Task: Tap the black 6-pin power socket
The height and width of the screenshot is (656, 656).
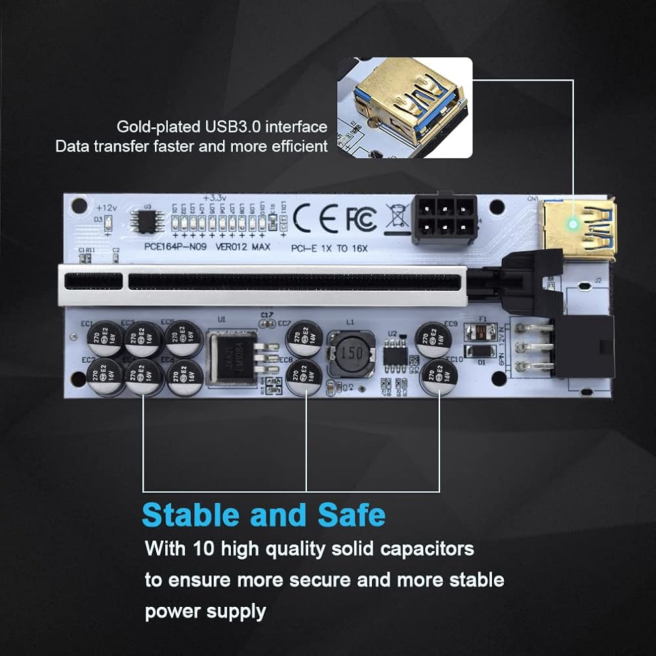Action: [x=444, y=219]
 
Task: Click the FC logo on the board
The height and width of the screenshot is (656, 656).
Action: [x=361, y=218]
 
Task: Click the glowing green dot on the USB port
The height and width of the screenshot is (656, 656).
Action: [x=573, y=224]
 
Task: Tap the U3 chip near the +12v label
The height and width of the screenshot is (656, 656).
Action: [x=144, y=221]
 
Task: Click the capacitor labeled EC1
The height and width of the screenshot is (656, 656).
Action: [x=105, y=338]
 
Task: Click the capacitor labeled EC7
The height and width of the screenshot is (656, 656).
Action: [x=304, y=338]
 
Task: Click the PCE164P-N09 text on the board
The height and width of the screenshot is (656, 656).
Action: [x=167, y=247]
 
